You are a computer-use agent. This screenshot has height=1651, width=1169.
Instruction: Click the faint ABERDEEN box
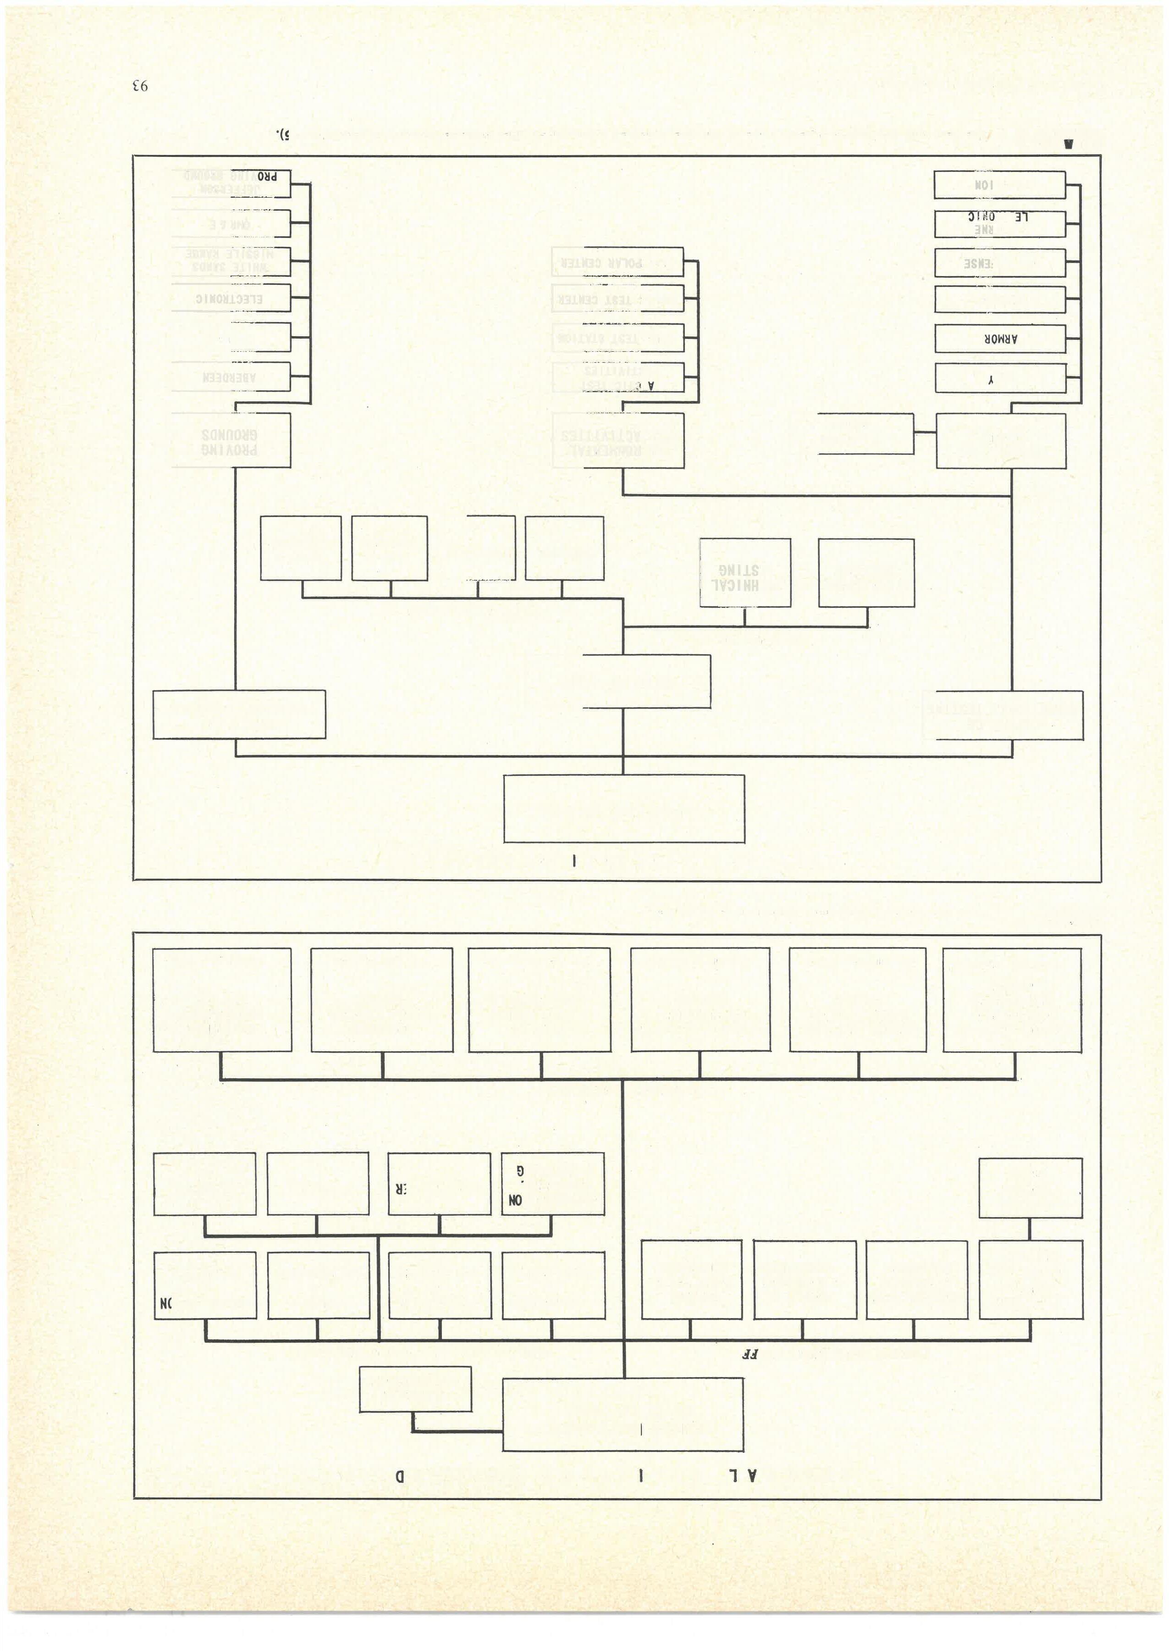(x=230, y=377)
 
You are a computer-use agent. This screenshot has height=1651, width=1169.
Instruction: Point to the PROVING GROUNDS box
(x=230, y=441)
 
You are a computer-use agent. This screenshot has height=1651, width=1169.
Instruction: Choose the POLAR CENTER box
(x=617, y=262)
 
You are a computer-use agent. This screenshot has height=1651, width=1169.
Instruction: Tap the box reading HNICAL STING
(x=744, y=573)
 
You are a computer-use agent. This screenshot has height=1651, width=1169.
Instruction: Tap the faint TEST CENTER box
(x=617, y=298)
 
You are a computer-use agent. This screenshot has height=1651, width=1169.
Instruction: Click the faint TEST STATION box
(x=617, y=338)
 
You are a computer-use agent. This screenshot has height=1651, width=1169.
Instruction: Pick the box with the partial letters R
(x=439, y=1183)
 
